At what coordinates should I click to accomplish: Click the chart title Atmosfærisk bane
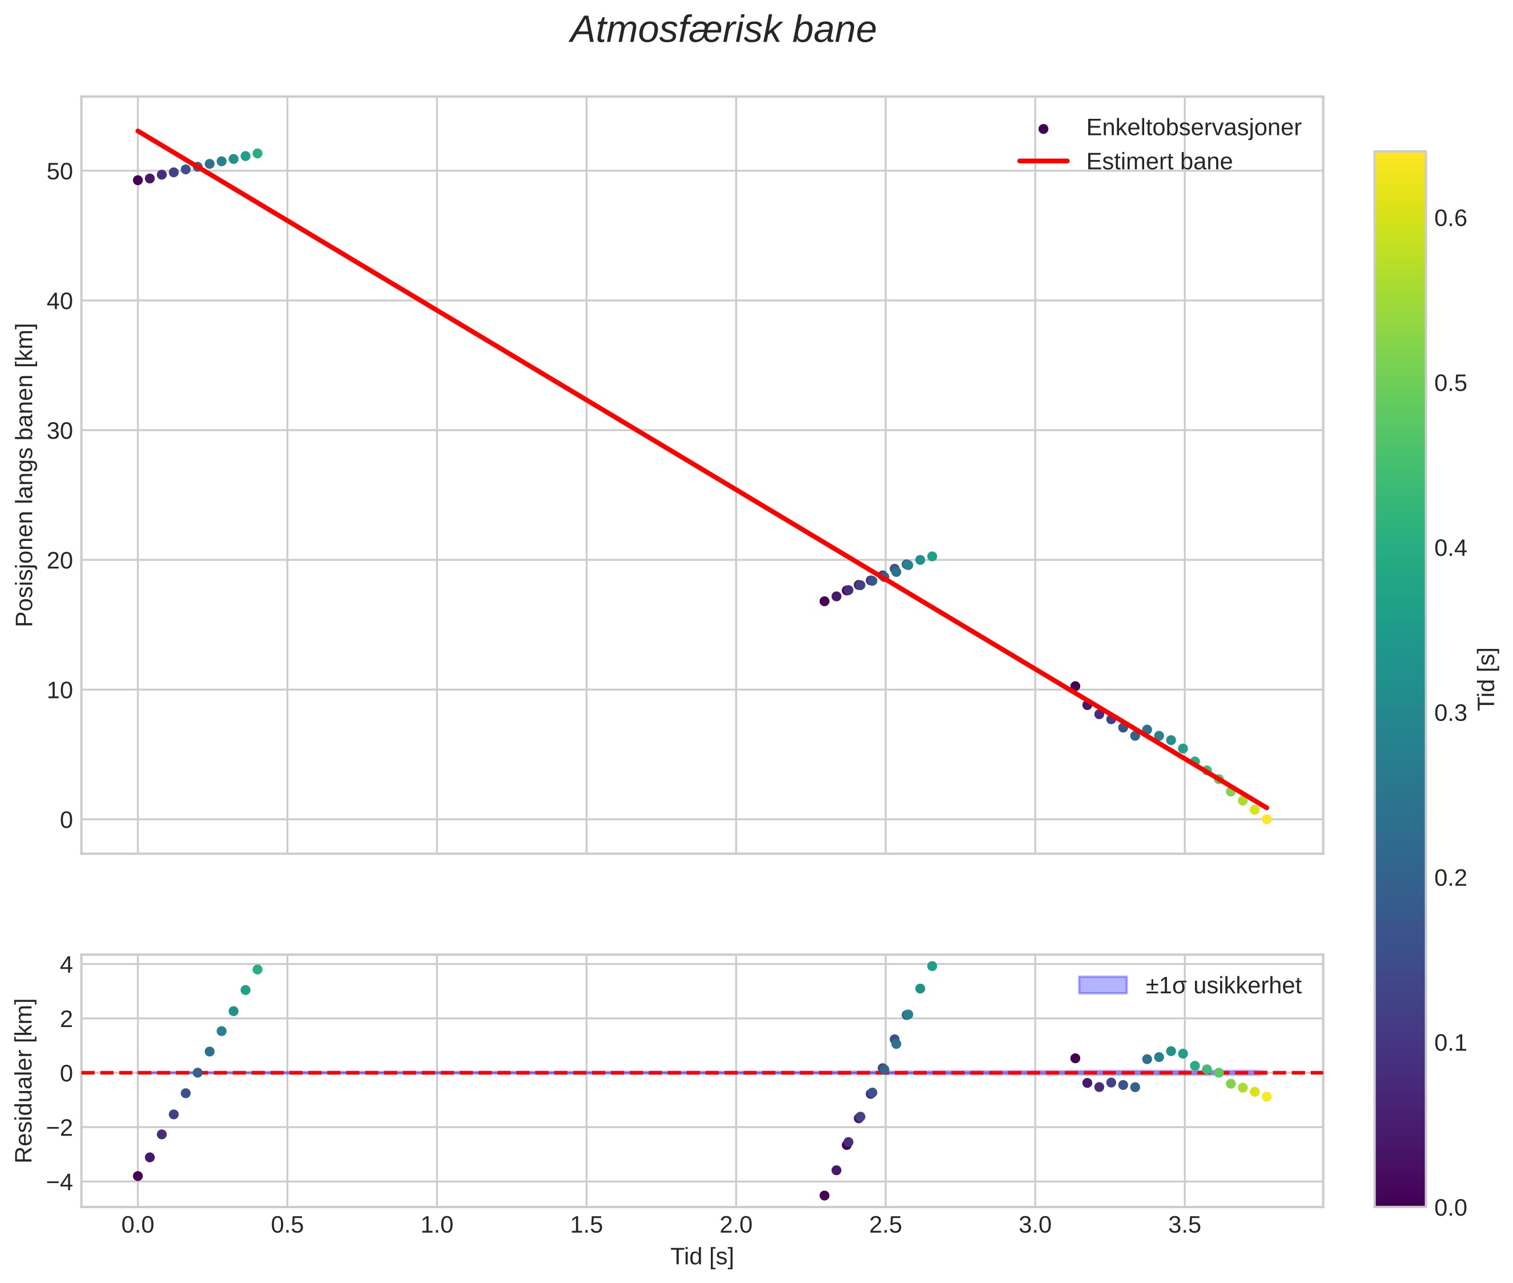pos(723,30)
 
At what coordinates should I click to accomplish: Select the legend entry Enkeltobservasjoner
pos(1192,128)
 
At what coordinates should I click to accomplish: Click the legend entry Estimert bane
pos(1158,162)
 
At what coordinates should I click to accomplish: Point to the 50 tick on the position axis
pos(61,171)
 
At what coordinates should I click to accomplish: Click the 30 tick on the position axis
pos(61,431)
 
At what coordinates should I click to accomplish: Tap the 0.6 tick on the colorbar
pos(1450,218)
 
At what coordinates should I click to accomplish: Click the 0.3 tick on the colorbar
pos(1450,713)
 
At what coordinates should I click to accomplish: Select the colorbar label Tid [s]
pos(1487,679)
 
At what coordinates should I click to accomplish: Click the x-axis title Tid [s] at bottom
pos(702,1257)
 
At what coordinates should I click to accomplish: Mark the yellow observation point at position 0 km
pos(1266,819)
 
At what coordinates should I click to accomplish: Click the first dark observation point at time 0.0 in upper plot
pos(138,181)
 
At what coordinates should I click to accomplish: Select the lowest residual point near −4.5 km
pos(824,1195)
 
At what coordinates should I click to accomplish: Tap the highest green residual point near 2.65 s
pos(932,966)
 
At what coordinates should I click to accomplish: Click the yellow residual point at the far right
pos(1266,1097)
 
